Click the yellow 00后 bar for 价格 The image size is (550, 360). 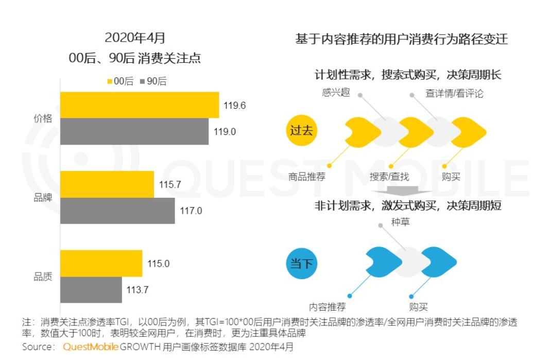(140, 105)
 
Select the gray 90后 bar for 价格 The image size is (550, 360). (134, 131)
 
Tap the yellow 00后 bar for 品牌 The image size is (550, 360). (107, 184)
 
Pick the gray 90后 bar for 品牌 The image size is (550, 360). (117, 211)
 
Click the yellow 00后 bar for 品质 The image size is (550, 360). (101, 264)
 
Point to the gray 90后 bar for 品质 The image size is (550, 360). (91, 290)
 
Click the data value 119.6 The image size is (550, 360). (234, 106)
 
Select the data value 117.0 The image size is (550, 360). (190, 211)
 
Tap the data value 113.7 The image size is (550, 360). (137, 290)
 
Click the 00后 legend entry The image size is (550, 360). (119, 81)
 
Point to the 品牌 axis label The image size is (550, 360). (43, 198)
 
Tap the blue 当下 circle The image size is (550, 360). (301, 264)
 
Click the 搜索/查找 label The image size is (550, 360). (389, 177)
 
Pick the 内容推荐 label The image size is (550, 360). (327, 307)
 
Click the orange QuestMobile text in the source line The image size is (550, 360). (91, 347)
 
